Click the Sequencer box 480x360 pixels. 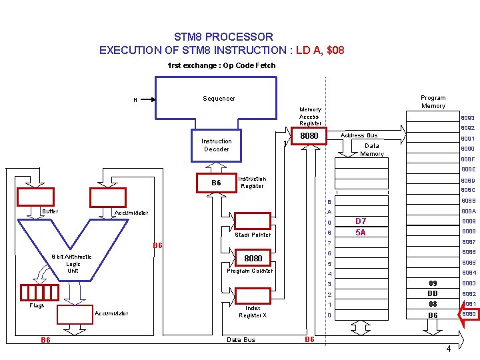click(x=216, y=98)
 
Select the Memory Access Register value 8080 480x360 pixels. click(x=309, y=136)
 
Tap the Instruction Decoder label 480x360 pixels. click(x=216, y=145)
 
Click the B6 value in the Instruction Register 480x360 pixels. click(x=216, y=183)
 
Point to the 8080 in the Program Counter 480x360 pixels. click(x=253, y=258)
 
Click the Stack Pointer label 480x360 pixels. click(x=253, y=235)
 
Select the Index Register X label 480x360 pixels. click(x=253, y=311)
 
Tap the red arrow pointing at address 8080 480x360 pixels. click(x=467, y=315)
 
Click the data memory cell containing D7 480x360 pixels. click(x=361, y=221)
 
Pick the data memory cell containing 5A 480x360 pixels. click(x=361, y=233)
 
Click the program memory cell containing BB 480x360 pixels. click(x=433, y=293)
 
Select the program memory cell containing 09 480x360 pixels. click(x=433, y=283)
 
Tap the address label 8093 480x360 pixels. click(x=467, y=118)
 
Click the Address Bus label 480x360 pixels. click(x=359, y=135)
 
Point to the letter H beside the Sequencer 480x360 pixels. click(x=135, y=100)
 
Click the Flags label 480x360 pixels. click(x=37, y=306)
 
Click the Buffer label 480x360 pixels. click(x=50, y=211)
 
